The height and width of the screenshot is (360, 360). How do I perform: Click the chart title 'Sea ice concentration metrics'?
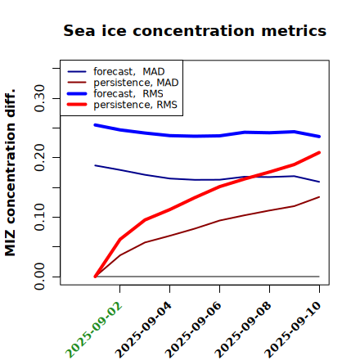[195, 30]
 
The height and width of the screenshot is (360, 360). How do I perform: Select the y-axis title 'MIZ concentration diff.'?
[10, 173]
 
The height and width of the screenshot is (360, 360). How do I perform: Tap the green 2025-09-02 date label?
[94, 330]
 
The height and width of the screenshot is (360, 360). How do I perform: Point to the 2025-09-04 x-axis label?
[144, 330]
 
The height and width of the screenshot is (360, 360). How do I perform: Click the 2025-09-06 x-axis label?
[194, 330]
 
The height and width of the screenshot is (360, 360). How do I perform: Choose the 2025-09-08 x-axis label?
[244, 330]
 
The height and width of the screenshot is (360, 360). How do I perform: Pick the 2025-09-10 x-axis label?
[294, 330]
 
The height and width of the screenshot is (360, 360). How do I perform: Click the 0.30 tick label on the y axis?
[39, 98]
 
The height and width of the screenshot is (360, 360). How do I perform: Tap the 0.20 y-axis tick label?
[39, 157]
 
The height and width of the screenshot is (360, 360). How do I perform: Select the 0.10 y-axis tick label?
[39, 217]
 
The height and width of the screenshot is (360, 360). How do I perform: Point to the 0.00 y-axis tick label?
[39, 277]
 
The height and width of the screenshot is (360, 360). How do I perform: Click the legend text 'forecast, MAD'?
[129, 72]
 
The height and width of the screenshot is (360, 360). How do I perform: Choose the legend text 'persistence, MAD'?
[136, 83]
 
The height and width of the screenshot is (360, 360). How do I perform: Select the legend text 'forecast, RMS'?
[128, 93]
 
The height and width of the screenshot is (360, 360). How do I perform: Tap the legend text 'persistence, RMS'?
[135, 105]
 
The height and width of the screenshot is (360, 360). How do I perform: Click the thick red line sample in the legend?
[77, 105]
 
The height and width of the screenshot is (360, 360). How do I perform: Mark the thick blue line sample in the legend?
[77, 93]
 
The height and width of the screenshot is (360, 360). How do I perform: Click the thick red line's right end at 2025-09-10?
[319, 152]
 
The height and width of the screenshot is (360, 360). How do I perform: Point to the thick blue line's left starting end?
[95, 125]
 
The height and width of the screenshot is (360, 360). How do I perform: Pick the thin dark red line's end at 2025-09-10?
[319, 197]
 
